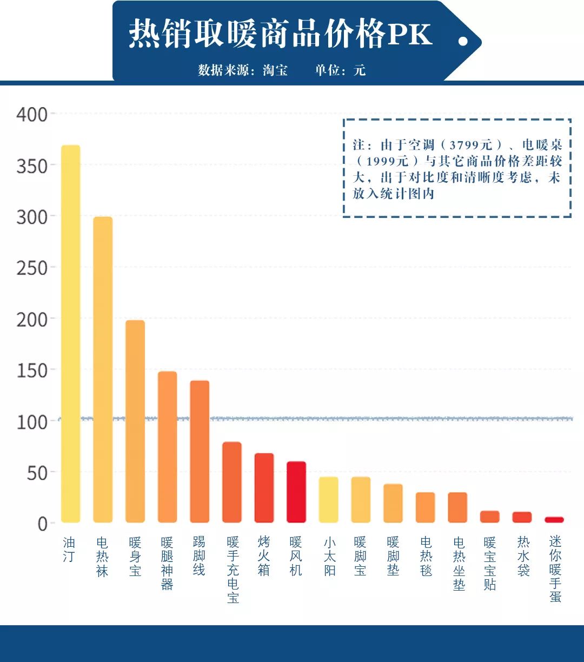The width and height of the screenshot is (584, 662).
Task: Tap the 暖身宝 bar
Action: click(x=135, y=421)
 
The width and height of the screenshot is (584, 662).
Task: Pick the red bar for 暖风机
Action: click(x=296, y=492)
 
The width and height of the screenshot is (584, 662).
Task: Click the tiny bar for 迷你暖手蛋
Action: click(x=554, y=520)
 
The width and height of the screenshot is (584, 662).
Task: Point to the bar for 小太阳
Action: click(x=328, y=500)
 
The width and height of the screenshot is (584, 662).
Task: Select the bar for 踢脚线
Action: click(x=200, y=452)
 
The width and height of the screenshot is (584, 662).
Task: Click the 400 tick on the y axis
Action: click(x=31, y=115)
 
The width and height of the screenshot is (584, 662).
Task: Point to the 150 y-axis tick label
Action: click(x=31, y=370)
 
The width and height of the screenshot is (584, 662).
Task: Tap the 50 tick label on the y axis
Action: click(x=37, y=473)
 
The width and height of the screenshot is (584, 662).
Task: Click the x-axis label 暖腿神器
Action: click(x=167, y=563)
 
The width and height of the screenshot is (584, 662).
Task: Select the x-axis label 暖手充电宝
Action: click(x=233, y=570)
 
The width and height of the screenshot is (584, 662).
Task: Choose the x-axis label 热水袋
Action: click(x=523, y=556)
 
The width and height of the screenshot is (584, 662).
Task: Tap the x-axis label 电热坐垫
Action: click(x=459, y=563)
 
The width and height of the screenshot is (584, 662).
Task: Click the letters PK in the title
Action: click(x=409, y=35)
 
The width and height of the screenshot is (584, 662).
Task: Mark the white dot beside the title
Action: click(x=463, y=41)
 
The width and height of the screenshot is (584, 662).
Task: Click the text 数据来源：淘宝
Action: click(x=243, y=70)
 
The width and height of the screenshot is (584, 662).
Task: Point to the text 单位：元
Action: click(x=341, y=70)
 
